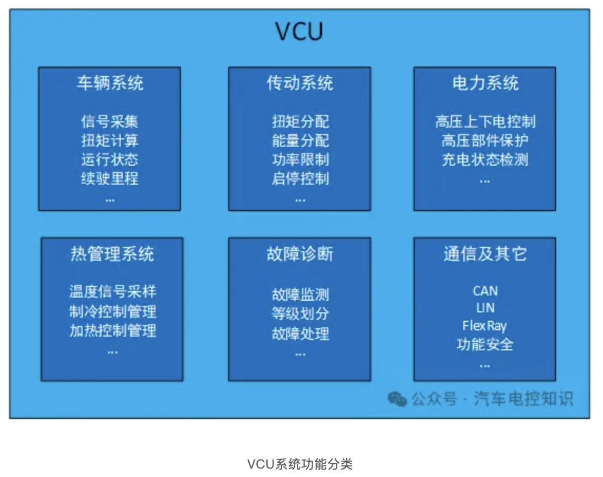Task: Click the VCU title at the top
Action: [299, 31]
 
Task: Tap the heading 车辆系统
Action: [110, 83]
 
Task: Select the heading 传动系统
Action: [299, 83]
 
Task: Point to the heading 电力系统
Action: [485, 83]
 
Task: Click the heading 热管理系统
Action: [112, 254]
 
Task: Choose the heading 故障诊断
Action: [299, 254]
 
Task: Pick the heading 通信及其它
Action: [485, 254]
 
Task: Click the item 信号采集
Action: [110, 122]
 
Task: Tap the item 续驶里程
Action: [110, 178]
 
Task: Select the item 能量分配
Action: [300, 141]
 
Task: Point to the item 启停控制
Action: [300, 178]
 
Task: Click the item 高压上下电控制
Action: [485, 122]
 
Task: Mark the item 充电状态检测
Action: [485, 159]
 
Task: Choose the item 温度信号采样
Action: [113, 292]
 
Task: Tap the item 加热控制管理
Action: [113, 331]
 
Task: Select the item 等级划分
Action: [300, 314]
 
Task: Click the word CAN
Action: [485, 291]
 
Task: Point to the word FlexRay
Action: [484, 326]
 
